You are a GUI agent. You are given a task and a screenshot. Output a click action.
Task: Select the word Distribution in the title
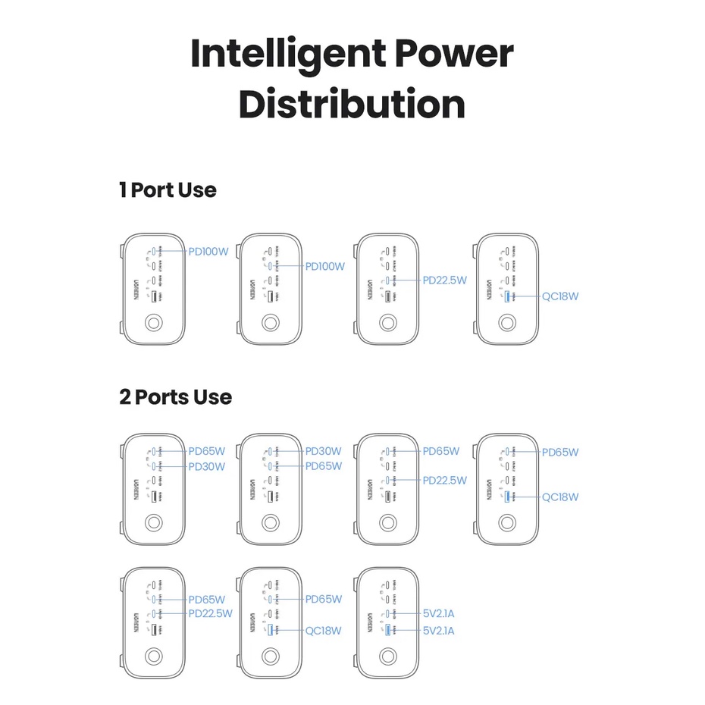click(x=352, y=105)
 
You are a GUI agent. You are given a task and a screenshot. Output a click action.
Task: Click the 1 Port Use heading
click(x=168, y=190)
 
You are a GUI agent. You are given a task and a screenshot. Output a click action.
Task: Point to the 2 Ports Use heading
click(x=175, y=396)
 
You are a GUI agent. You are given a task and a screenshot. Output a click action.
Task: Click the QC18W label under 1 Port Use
click(x=560, y=296)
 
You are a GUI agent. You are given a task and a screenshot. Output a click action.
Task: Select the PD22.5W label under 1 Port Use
click(x=445, y=280)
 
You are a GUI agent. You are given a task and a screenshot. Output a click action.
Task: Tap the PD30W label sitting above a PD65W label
click(x=323, y=451)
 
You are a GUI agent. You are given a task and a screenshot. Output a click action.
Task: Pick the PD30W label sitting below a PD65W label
click(x=206, y=466)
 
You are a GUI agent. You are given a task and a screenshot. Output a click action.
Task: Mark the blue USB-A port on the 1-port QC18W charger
click(x=506, y=296)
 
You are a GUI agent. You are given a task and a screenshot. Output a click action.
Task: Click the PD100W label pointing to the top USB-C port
click(x=208, y=252)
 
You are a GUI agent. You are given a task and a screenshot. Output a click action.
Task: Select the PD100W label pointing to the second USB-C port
click(x=324, y=266)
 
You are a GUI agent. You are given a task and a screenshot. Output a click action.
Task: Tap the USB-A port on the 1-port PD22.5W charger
click(x=387, y=296)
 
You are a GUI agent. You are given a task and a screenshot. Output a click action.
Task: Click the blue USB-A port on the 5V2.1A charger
click(x=387, y=630)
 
